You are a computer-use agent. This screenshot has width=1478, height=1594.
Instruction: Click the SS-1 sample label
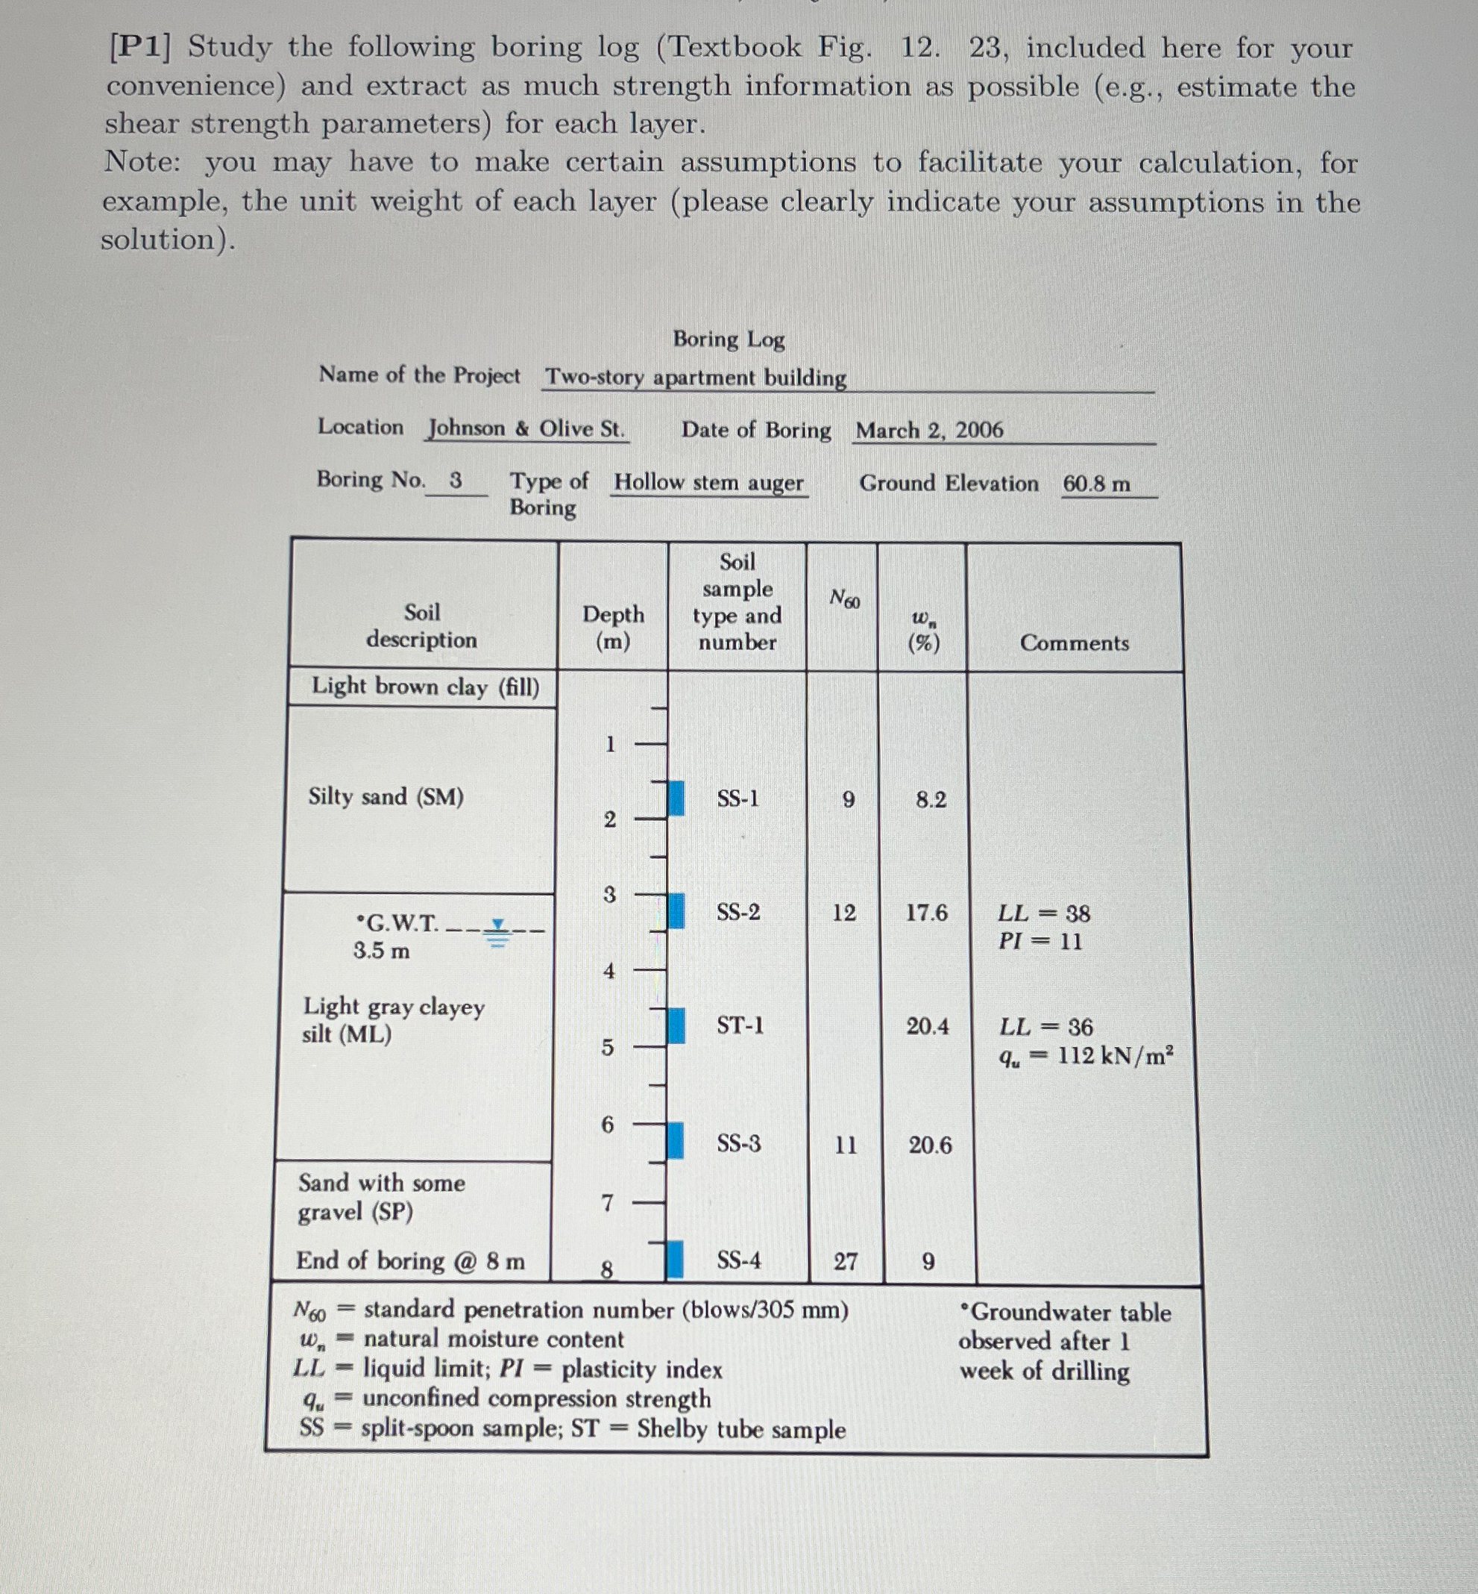(738, 798)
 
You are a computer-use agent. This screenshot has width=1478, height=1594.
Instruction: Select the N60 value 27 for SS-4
(846, 1262)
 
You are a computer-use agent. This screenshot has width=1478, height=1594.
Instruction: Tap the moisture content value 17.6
(926, 913)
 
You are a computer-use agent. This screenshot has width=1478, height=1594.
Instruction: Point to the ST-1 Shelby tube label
(740, 1025)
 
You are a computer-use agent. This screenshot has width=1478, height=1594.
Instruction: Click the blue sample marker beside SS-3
(676, 1140)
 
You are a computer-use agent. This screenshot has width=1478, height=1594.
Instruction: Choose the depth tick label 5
(608, 1047)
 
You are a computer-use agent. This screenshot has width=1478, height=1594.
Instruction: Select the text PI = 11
(1040, 941)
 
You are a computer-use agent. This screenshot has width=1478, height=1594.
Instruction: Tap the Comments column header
(1074, 643)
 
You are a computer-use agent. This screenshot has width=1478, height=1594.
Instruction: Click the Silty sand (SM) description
(386, 796)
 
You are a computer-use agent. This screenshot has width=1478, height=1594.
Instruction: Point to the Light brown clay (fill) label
(425, 687)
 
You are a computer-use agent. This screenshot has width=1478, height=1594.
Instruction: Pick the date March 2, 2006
(928, 431)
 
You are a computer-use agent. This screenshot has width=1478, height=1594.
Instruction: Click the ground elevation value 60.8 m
(1096, 484)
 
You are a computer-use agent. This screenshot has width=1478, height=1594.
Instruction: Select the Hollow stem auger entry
(708, 483)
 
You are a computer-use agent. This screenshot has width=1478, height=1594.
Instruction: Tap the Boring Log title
(729, 340)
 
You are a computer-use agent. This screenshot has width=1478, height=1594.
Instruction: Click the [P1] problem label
(140, 47)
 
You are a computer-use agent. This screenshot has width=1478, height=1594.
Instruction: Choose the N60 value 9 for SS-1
(849, 799)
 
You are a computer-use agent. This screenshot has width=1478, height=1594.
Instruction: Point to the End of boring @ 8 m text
(410, 1261)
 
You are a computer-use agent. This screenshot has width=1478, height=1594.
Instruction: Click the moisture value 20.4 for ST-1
(928, 1026)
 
